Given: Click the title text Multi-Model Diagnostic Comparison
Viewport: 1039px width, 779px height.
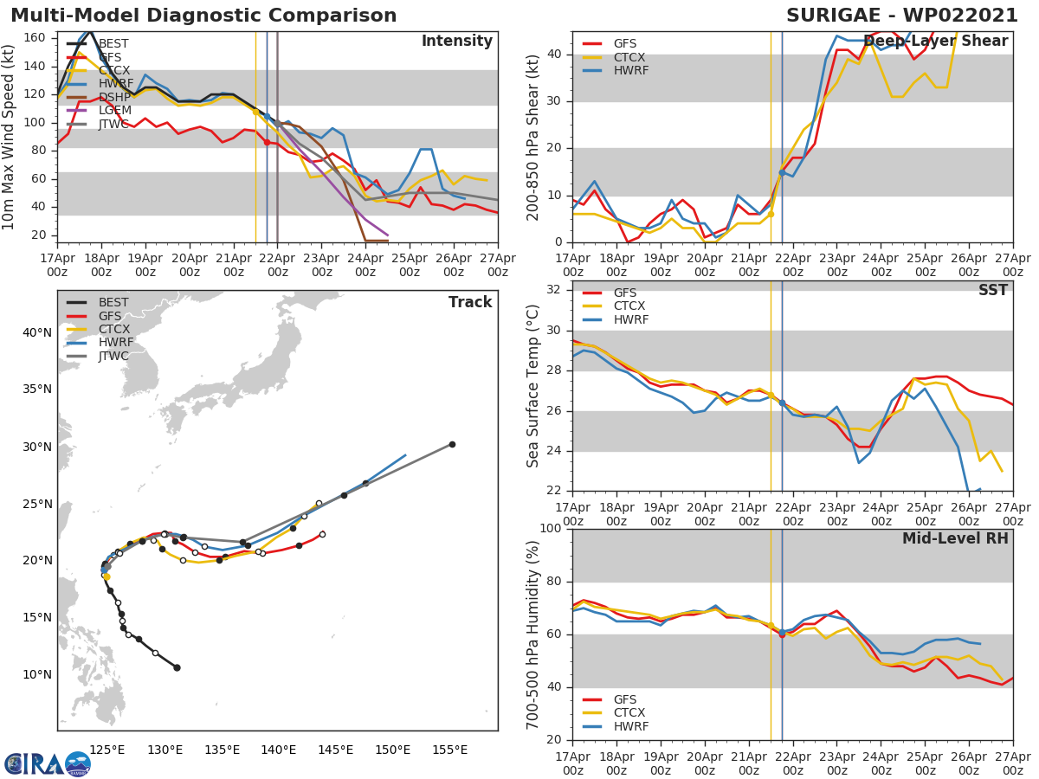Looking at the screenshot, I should (x=203, y=16).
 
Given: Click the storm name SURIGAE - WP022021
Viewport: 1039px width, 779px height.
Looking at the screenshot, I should (x=901, y=16).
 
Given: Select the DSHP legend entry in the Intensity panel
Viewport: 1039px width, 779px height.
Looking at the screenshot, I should (x=113, y=98).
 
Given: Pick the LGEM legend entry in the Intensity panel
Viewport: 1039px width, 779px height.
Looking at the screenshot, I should (x=113, y=111).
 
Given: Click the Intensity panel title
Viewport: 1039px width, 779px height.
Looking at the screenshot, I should (x=456, y=42).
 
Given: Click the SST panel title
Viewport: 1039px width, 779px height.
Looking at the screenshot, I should (x=992, y=291).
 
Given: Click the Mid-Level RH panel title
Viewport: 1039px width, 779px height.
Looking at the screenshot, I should (x=955, y=539).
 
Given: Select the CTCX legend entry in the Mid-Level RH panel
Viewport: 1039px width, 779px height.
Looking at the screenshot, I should (x=629, y=713).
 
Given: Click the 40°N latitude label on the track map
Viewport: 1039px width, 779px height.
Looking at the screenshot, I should (x=36, y=333).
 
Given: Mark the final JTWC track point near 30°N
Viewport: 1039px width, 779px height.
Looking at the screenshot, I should (x=452, y=444).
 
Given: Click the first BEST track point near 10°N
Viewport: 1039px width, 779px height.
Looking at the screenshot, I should (x=177, y=667).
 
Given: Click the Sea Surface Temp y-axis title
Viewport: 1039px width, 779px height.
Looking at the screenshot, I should (x=533, y=386).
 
